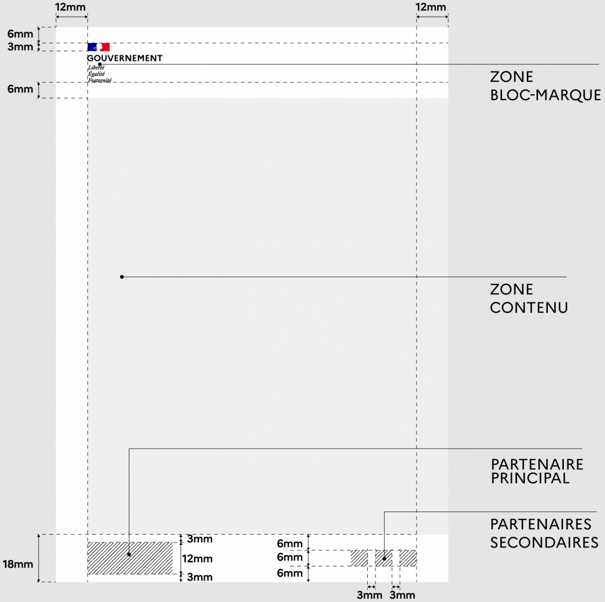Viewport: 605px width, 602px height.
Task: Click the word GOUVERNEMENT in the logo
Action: click(124, 58)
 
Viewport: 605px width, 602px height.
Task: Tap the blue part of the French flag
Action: click(92, 47)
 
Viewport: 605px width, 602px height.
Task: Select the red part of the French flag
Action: click(105, 47)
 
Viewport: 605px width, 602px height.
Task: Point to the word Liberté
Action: click(96, 68)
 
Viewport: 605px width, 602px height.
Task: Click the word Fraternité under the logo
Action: click(99, 80)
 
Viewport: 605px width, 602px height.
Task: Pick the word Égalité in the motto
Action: click(96, 74)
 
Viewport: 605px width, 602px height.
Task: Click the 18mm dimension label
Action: click(18, 564)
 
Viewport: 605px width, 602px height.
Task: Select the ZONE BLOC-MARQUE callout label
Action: click(545, 86)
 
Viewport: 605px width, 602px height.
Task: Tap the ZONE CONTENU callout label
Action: click(529, 298)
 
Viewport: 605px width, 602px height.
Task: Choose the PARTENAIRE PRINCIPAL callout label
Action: click(537, 472)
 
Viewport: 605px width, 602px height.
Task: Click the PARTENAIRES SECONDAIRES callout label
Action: click(544, 534)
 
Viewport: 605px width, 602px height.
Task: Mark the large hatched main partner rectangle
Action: click(130, 558)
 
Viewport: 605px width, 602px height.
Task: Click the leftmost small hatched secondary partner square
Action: click(359, 558)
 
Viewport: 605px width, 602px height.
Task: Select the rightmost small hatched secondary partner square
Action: click(408, 558)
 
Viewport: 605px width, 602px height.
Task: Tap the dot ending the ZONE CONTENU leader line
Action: click(122, 276)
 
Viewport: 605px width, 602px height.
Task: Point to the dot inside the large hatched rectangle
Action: click(129, 554)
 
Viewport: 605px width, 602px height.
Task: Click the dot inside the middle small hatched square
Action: click(384, 559)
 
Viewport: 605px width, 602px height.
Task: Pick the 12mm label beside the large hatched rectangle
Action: click(197, 559)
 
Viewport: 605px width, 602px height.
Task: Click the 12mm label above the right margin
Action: click(431, 7)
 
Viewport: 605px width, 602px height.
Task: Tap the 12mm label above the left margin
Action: click(70, 7)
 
